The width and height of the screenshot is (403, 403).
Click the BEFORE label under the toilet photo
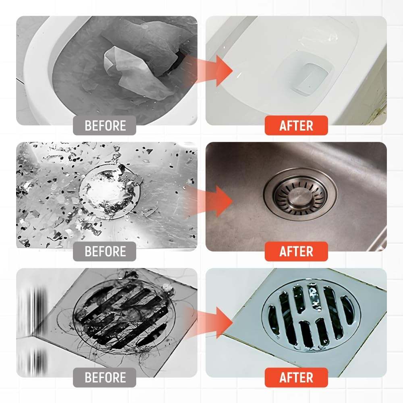[x=105, y=125]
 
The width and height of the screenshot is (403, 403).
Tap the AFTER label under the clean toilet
[x=296, y=125]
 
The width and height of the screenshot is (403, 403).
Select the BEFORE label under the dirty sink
[x=105, y=251]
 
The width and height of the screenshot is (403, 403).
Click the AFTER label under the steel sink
[x=296, y=251]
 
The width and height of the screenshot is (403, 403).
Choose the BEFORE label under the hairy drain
[x=105, y=378]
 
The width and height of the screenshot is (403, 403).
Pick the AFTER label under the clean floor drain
[x=296, y=378]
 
